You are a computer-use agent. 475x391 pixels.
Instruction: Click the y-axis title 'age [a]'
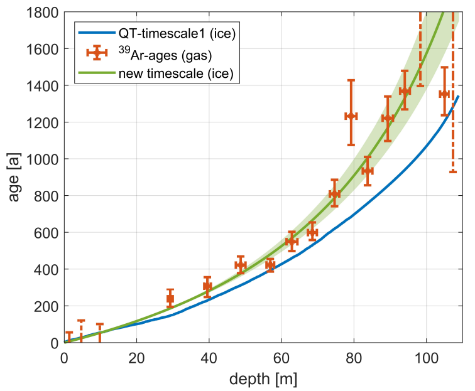14,177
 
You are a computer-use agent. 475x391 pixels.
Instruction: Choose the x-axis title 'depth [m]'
263,379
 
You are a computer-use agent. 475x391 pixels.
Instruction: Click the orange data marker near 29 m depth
170,299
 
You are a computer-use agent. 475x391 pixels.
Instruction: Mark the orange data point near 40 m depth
207,287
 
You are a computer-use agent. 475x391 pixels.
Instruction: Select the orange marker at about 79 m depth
351,116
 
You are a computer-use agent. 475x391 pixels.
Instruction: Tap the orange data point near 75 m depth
335,194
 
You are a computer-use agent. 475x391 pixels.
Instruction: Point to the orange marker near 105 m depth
444,94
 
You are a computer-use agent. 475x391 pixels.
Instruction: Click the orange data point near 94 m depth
405,92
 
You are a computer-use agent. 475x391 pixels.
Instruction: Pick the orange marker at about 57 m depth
270,265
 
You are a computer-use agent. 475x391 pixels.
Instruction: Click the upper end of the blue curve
459,97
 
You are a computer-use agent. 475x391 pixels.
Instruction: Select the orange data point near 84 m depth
368,171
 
